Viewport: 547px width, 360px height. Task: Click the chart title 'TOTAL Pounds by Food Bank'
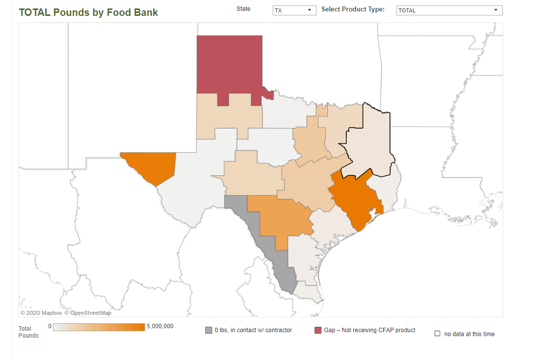pos(88,12)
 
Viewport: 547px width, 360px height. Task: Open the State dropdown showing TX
pos(294,10)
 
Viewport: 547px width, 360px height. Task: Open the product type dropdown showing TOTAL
pos(449,10)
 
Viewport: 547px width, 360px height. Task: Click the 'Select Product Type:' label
pos(353,9)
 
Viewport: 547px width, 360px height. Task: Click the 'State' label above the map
pos(243,9)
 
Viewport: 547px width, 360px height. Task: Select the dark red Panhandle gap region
pos(229,65)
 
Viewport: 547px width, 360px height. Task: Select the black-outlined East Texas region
pos(370,144)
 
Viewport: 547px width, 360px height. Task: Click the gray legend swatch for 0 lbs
pos(209,330)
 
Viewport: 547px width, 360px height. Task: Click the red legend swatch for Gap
pos(318,330)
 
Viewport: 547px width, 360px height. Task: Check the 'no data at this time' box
pos(437,334)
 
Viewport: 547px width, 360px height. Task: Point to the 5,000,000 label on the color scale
pos(160,326)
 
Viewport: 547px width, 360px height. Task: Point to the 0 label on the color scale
pos(50,326)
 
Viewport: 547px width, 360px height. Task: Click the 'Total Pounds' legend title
pos(28,332)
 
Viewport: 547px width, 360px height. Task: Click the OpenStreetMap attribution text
pos(88,313)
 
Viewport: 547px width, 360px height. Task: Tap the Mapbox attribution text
pos(41,313)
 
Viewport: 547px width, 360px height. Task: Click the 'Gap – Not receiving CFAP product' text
pos(370,330)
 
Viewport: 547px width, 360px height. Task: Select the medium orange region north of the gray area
pos(278,216)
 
